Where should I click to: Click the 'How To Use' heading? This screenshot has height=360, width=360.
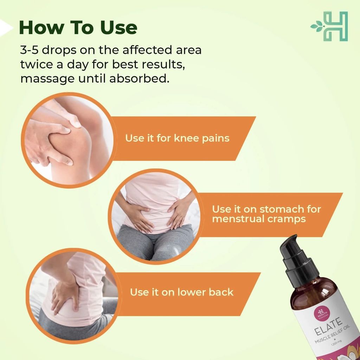coord(78,27)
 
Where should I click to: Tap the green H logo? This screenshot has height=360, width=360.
coord(329,26)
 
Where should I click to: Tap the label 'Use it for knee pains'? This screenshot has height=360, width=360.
coord(177,138)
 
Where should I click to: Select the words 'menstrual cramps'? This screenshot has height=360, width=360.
coord(259,219)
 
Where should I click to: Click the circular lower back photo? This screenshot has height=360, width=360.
coord(73,296)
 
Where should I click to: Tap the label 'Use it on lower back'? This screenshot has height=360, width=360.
coord(182,292)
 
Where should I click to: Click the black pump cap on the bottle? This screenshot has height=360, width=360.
coord(298,257)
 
